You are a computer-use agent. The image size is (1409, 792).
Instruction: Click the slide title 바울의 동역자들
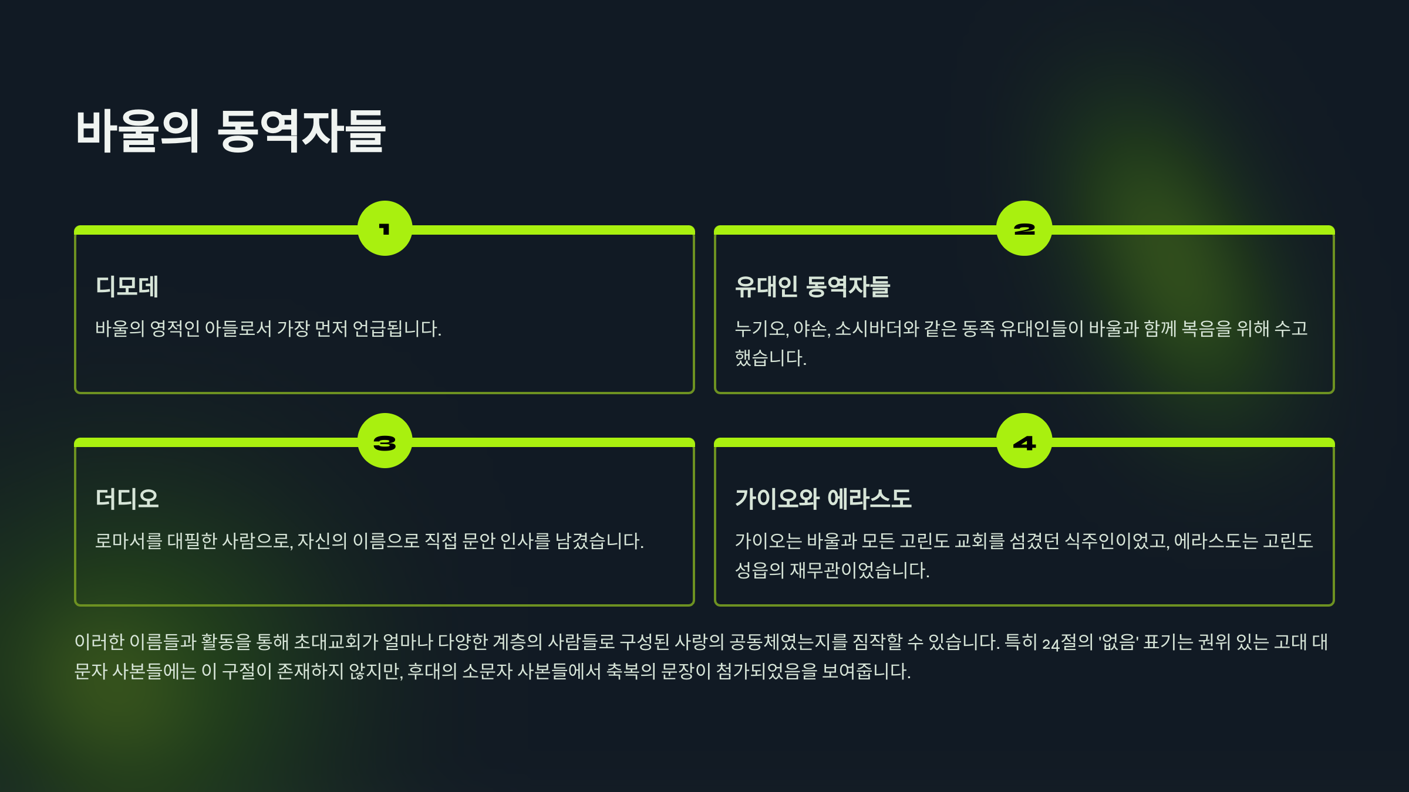(x=230, y=131)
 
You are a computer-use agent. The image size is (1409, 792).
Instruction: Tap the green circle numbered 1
(x=385, y=228)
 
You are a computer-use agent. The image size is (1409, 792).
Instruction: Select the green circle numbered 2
(x=1024, y=228)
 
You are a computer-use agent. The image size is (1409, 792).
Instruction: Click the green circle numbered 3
(x=385, y=441)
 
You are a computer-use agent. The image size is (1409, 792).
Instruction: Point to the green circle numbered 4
(x=1024, y=441)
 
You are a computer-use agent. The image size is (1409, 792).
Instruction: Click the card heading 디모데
(x=127, y=287)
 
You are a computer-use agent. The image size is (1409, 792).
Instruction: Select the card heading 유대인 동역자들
(x=813, y=287)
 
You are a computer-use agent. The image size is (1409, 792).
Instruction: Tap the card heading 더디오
(x=127, y=499)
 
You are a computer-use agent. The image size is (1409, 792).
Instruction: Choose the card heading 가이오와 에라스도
(x=823, y=499)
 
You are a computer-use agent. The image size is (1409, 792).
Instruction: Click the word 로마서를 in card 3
(x=129, y=541)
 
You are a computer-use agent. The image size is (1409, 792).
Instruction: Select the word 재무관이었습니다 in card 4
(x=859, y=570)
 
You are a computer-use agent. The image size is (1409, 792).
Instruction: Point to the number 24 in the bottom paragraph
(x=1051, y=644)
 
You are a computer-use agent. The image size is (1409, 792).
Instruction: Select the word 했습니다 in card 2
(x=770, y=358)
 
